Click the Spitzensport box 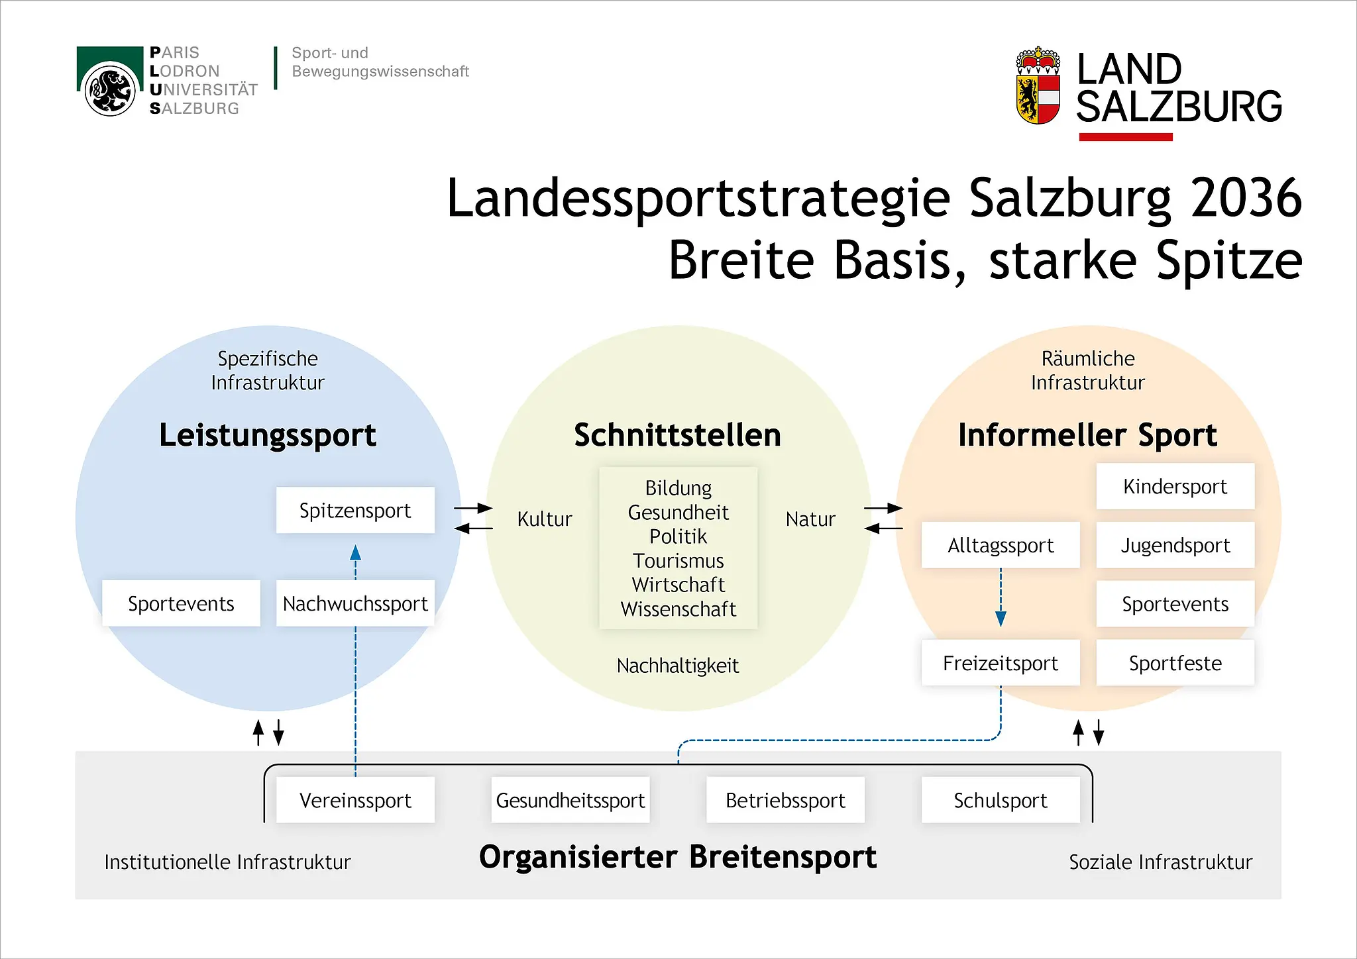(x=355, y=510)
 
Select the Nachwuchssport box (x=355, y=603)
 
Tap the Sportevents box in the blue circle (x=181, y=603)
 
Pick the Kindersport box (x=1175, y=486)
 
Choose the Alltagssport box (x=1001, y=545)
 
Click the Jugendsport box (x=1175, y=545)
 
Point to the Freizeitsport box (x=1001, y=663)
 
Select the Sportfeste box (x=1175, y=663)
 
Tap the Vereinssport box (x=355, y=800)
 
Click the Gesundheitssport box (x=570, y=800)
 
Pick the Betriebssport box (x=785, y=800)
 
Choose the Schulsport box (x=1001, y=800)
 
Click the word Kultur (x=545, y=519)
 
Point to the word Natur (x=810, y=519)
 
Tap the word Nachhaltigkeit (x=678, y=666)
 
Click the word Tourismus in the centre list (x=678, y=560)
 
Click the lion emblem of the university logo (x=110, y=89)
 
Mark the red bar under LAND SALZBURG (x=1126, y=137)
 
